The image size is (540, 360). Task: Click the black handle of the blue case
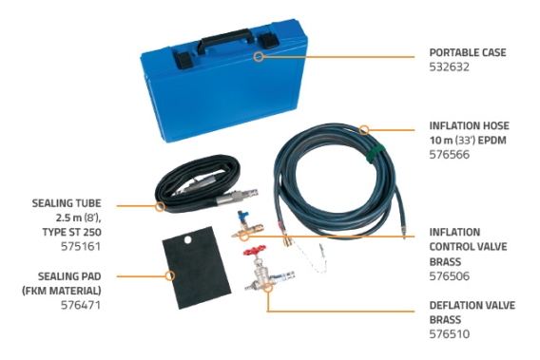[x=225, y=40]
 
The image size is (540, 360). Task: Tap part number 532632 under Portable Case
[x=449, y=66]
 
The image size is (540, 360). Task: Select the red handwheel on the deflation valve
[x=255, y=250]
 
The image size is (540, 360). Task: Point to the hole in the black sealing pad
[x=187, y=239]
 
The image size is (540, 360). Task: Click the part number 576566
[x=449, y=155]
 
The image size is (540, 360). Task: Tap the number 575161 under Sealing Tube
[x=81, y=246]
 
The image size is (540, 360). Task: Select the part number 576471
[x=81, y=305]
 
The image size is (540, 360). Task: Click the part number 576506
[x=449, y=276]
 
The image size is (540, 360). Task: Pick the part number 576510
[x=449, y=333]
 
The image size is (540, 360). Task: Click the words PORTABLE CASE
[x=468, y=52]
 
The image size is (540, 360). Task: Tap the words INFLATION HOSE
[x=469, y=125]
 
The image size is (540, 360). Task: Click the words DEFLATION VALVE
[x=472, y=305]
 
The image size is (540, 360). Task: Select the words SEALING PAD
[x=69, y=276]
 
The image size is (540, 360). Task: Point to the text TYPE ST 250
[x=72, y=232]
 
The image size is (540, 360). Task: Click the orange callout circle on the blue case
[x=259, y=57]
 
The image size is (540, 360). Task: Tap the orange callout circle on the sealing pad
[x=169, y=275]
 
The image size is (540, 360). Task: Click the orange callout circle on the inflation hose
[x=364, y=130]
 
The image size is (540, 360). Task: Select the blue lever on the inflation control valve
[x=241, y=218]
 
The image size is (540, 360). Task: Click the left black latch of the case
[x=183, y=60]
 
